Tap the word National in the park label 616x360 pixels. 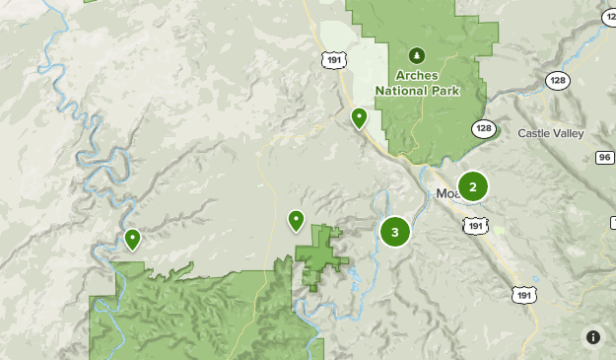(x=402, y=90)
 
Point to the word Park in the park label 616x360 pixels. (x=444, y=90)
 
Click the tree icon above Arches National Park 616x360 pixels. (x=416, y=55)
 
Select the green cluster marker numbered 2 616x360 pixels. (x=473, y=186)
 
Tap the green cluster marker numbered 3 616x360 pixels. (x=395, y=232)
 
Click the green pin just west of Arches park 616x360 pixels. (x=360, y=118)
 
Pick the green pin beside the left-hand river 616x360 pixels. (x=132, y=239)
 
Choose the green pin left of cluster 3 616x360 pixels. (x=296, y=220)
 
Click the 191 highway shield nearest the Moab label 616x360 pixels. (x=475, y=226)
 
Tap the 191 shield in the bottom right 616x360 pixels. (x=524, y=293)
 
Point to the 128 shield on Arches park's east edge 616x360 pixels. (x=483, y=129)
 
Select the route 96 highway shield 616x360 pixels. (x=604, y=158)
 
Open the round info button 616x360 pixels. (x=593, y=337)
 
